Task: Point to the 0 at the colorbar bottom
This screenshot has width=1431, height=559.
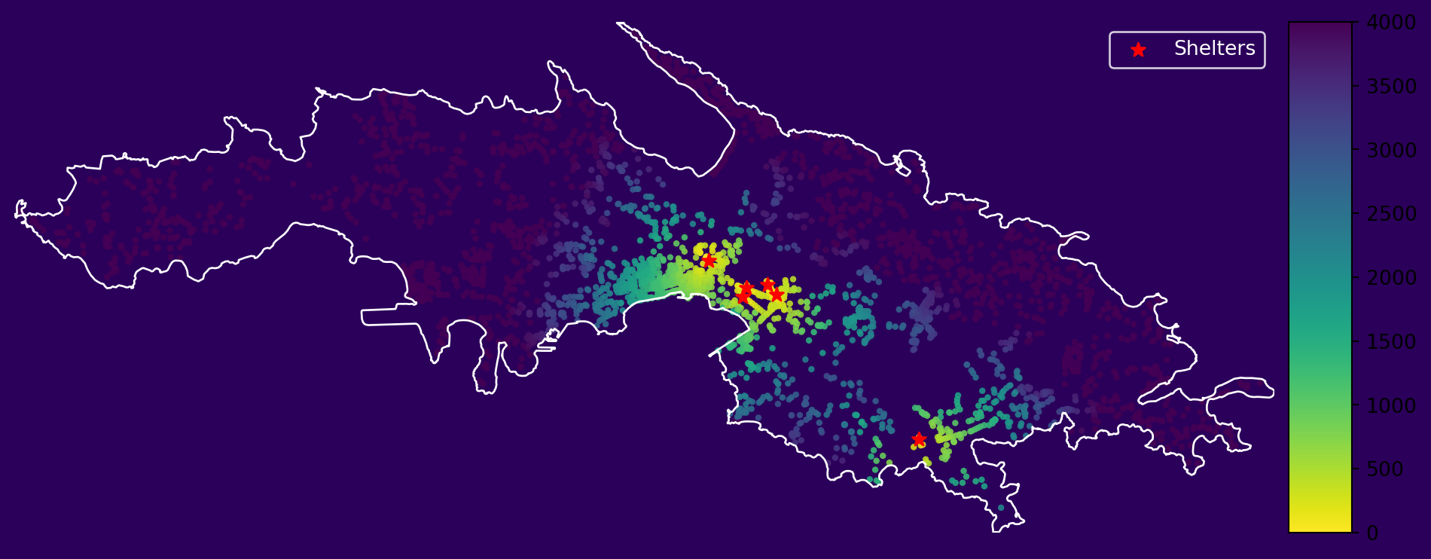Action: click(1372, 533)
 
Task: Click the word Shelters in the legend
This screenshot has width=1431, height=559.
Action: click(1214, 49)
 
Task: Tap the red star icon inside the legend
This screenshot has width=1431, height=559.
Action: click(1138, 50)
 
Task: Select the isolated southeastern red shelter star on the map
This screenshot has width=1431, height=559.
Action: click(918, 439)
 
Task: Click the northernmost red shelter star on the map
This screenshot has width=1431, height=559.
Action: click(708, 261)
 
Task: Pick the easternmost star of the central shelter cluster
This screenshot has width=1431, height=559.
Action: click(777, 295)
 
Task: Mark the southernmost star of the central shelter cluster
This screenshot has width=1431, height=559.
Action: click(743, 297)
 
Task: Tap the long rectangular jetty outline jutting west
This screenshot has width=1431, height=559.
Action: click(388, 316)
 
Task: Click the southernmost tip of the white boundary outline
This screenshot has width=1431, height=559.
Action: click(996, 531)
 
